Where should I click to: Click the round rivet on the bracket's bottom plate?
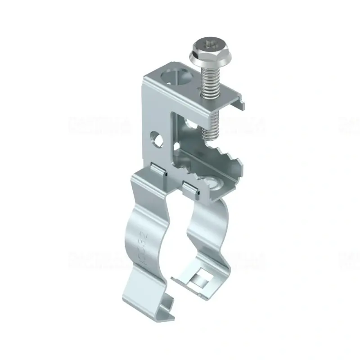pos(211,184)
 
